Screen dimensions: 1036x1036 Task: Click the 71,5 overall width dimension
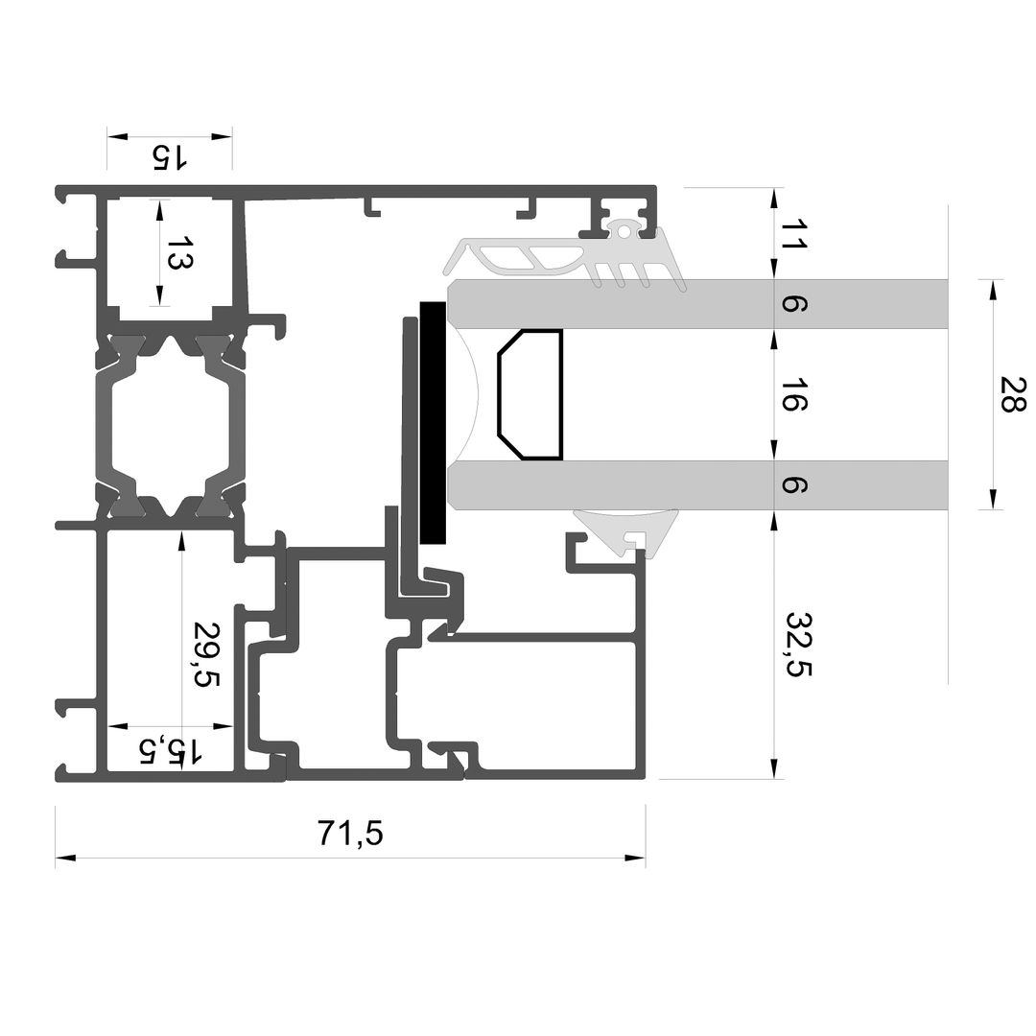tap(350, 833)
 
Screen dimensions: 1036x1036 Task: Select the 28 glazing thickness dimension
tap(1012, 394)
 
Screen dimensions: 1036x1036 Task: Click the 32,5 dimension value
tap(797, 644)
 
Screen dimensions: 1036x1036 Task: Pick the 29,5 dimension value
tap(205, 653)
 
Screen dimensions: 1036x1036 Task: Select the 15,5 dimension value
tap(169, 751)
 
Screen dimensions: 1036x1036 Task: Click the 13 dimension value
tap(178, 252)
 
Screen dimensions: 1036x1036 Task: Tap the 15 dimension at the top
tap(170, 156)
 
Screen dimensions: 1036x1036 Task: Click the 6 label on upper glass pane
tap(793, 304)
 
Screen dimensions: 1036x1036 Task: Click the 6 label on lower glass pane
tap(793, 485)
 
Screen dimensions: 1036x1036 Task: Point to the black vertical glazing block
tap(433, 423)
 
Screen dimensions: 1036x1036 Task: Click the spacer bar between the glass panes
tap(530, 394)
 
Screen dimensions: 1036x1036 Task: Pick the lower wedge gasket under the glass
tap(627, 530)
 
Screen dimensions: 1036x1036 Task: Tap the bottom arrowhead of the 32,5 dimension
tap(774, 769)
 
